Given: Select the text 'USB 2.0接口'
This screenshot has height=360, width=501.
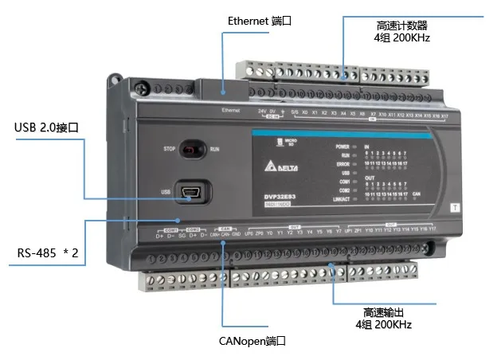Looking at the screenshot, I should pyautogui.click(x=49, y=127).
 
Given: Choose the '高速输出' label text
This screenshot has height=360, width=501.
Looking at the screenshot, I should pyautogui.click(x=389, y=311).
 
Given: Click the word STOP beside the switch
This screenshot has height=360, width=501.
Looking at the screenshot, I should pyautogui.click(x=169, y=148).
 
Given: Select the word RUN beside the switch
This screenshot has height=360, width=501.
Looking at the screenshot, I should pyautogui.click(x=214, y=149).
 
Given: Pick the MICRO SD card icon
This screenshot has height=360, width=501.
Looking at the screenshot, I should pyautogui.click(x=280, y=144).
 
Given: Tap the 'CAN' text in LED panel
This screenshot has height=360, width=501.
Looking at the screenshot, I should pyautogui.click(x=417, y=194).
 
